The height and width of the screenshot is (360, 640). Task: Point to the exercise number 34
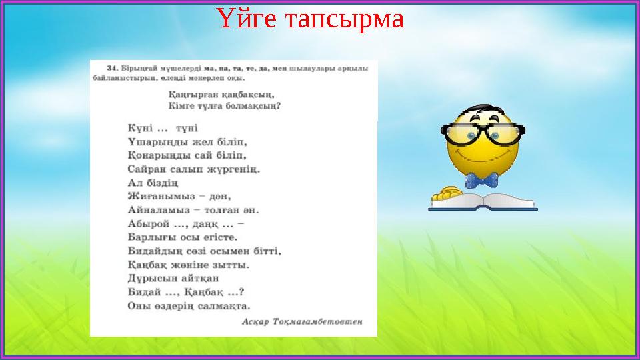[111, 67]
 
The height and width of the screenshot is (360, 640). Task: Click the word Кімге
[180, 105]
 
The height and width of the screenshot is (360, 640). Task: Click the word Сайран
[144, 168]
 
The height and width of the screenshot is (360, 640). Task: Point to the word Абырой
[146, 223]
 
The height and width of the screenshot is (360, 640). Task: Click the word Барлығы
[149, 237]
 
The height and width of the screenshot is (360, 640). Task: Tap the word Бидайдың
[152, 251]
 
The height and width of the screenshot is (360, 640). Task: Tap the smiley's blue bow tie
[481, 180]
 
